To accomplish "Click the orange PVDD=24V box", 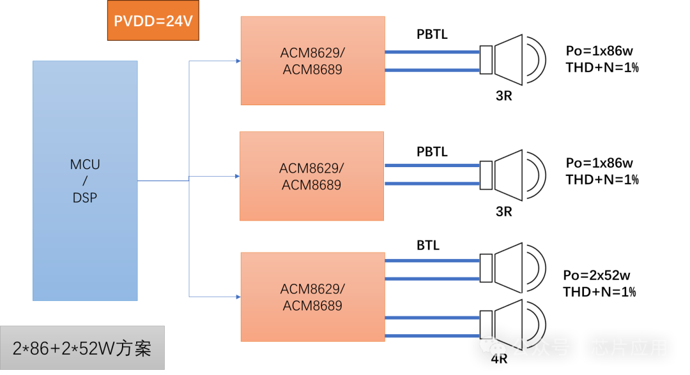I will (x=153, y=21).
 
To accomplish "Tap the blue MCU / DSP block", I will (x=85, y=180).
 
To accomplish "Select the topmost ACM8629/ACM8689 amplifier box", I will (x=312, y=61).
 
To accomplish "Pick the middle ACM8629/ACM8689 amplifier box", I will (x=312, y=176).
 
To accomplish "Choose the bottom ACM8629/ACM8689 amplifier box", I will (x=312, y=297).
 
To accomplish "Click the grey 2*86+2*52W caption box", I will (x=82, y=348).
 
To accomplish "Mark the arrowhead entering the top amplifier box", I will (x=238, y=61).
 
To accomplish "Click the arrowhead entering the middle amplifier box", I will (x=237, y=176).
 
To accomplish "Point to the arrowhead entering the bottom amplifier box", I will (x=238, y=297).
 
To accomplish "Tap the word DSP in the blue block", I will (x=85, y=198).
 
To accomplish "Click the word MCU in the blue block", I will (x=85, y=165).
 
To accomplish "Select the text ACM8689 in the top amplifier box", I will (x=312, y=70).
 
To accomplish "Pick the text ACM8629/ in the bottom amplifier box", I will (x=312, y=288).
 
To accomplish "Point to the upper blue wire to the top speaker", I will (x=432, y=52).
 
